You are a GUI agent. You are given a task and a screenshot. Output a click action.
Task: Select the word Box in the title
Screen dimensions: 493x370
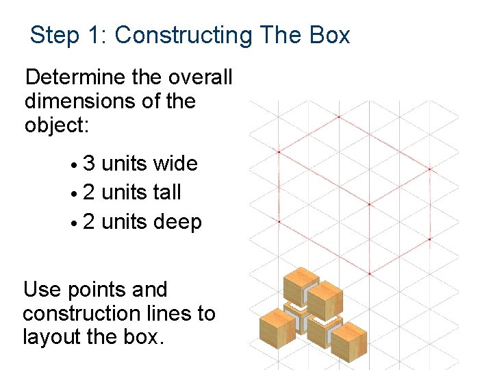tap(329, 35)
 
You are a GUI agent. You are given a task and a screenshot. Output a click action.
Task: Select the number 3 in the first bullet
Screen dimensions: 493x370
tap(89, 164)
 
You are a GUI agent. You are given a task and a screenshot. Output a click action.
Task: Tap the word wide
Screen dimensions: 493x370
tap(175, 164)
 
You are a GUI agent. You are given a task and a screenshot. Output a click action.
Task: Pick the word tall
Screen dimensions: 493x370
tap(167, 193)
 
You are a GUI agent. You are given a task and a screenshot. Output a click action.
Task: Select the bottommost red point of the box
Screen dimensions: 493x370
tap(369, 274)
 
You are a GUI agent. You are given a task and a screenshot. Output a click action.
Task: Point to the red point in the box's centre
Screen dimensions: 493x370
tap(355, 195)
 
